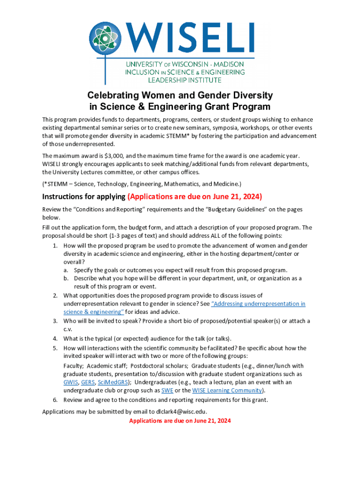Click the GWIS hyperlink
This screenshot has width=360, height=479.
click(71, 382)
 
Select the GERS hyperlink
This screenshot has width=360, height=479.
click(87, 382)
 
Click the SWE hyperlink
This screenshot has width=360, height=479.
click(167, 391)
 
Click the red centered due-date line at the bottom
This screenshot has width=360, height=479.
click(180, 421)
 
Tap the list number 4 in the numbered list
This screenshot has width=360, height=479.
click(55, 339)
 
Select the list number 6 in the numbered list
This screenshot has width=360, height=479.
click(55, 400)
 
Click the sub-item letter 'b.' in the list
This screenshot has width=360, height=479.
click(67, 278)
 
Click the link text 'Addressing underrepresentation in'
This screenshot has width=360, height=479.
click(259, 304)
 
